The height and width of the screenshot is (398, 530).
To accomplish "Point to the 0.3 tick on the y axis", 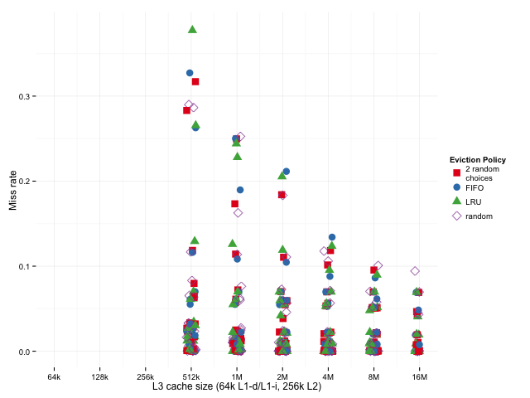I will point(26,96).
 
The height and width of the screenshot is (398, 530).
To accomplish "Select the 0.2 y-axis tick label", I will point(26,182).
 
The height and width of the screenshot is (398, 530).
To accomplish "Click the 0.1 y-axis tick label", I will point(26,267).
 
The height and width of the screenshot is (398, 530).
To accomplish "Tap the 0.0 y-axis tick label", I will point(26,352).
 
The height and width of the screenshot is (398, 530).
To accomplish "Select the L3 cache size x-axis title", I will point(237,386).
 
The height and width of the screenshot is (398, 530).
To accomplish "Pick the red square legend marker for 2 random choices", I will point(456,172).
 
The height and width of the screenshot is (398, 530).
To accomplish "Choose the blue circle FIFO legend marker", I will point(456,188).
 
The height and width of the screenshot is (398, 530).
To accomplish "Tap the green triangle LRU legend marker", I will point(456,201).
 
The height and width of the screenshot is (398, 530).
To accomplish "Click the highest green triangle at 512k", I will point(192,29).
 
